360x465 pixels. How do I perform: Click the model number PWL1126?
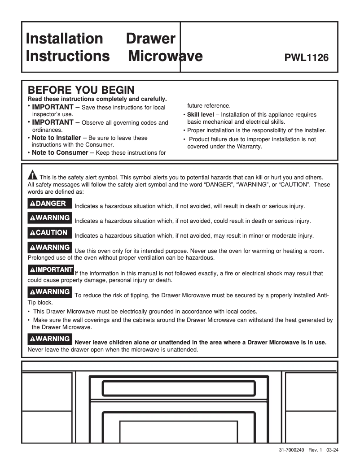pyautogui.click(x=307, y=58)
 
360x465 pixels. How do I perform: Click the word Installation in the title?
pyautogui.click(x=64, y=39)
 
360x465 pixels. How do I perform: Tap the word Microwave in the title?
pyautogui.click(x=165, y=56)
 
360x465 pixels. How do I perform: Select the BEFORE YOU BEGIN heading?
pyautogui.click(x=81, y=90)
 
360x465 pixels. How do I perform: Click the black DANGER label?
pyautogui.click(x=48, y=204)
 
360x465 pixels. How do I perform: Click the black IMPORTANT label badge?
pyautogui.click(x=51, y=270)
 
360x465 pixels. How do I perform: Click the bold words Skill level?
pyautogui.click(x=200, y=115)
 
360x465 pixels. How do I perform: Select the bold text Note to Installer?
pyautogui.click(x=57, y=138)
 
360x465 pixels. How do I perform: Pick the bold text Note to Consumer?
pyautogui.click(x=60, y=152)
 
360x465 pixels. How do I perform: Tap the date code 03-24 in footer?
pyautogui.click(x=333, y=450)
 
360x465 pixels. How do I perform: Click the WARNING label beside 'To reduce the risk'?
pyautogui.click(x=50, y=292)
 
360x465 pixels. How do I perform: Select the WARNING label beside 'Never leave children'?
pyautogui.click(x=50, y=339)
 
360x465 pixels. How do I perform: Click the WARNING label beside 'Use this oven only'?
pyautogui.click(x=50, y=248)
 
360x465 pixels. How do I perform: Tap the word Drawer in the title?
pyautogui.click(x=150, y=39)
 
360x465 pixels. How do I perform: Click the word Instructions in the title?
pyautogui.click(x=67, y=56)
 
